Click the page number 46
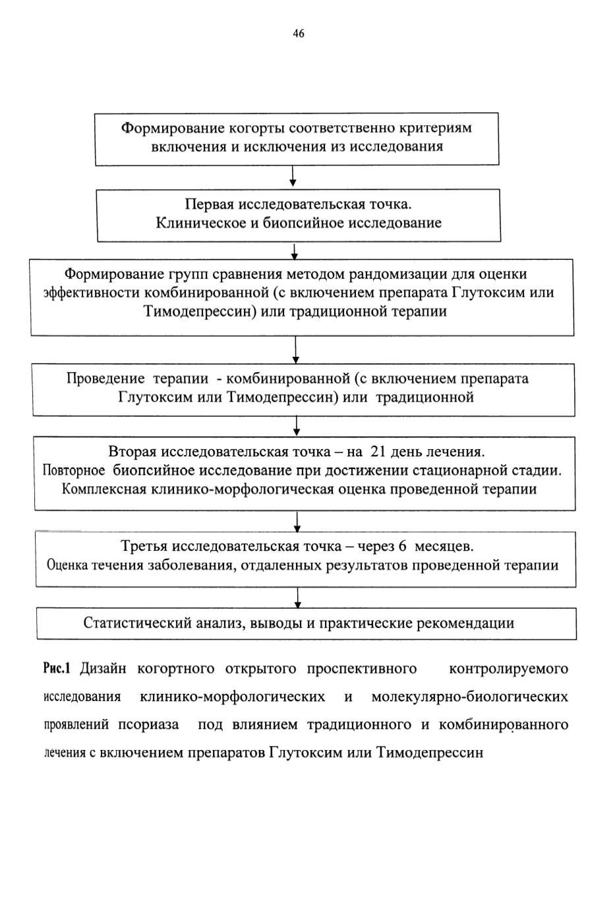pyautogui.click(x=299, y=34)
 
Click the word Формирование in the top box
pyautogui.click(x=173, y=128)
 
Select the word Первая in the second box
pyautogui.click(x=209, y=204)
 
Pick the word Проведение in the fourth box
pyautogui.click(x=105, y=379)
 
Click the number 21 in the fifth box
pyautogui.click(x=378, y=452)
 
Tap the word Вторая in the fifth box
pyautogui.click(x=132, y=452)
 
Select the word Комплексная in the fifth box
pyautogui.click(x=104, y=489)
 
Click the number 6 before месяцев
pyautogui.click(x=402, y=546)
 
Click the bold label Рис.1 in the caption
pyautogui.click(x=57, y=669)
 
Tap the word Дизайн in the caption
pyautogui.click(x=103, y=669)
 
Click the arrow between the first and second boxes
pyautogui.click(x=293, y=176)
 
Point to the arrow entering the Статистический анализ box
pyautogui.click(x=298, y=598)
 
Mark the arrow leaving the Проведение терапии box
pyautogui.click(x=297, y=426)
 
